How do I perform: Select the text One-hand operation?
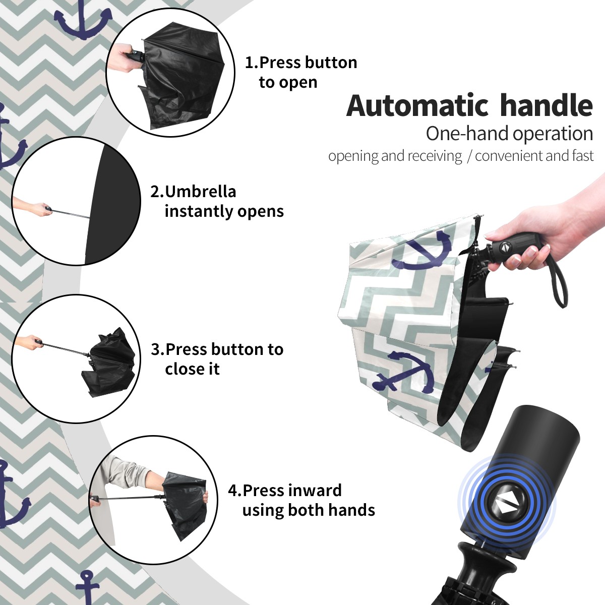[509, 134]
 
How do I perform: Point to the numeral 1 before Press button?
[249, 63]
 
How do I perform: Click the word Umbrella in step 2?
[201, 192]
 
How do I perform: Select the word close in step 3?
[181, 369]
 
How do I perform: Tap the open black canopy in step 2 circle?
[112, 204]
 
